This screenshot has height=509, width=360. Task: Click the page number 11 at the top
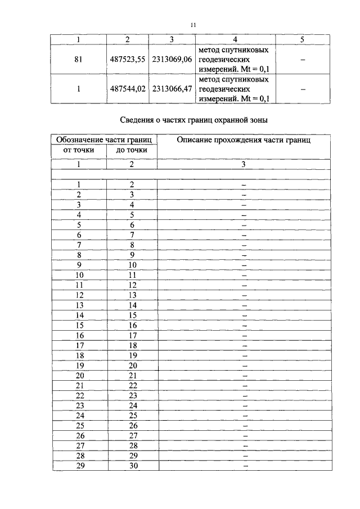coord(192,25)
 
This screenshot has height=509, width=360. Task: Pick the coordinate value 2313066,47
coord(172,88)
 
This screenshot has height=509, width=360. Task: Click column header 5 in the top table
coord(303,39)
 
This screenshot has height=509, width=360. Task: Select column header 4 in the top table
coord(235,39)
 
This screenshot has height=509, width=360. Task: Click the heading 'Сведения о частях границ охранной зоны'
coord(191,120)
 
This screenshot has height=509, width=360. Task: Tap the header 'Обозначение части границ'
coord(104,139)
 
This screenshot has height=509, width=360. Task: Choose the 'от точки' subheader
coord(78,150)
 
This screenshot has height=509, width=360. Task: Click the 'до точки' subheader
coord(132,150)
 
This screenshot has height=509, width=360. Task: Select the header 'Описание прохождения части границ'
coord(244,139)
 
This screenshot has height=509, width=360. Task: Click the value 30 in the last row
coord(132,466)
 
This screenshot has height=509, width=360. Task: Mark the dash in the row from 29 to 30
coord(245,466)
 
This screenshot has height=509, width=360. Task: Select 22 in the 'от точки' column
coord(79,395)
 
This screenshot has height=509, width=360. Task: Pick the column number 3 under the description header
coord(244,164)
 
